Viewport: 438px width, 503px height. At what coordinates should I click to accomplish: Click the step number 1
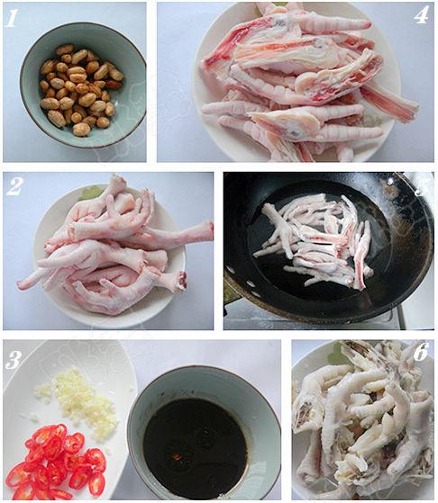pos(12,18)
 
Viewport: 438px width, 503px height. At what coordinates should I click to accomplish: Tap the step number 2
pos(14,187)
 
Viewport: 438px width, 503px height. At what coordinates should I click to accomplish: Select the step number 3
pos(14,360)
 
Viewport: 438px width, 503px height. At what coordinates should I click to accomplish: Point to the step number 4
pos(421,15)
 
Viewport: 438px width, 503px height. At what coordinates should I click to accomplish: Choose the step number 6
pos(421,352)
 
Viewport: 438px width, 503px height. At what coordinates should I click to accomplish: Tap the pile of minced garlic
pos(78,397)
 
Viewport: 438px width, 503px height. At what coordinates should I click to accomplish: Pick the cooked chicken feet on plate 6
pos(363,420)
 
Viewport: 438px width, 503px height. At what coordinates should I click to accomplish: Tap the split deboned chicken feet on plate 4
pos(306,82)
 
